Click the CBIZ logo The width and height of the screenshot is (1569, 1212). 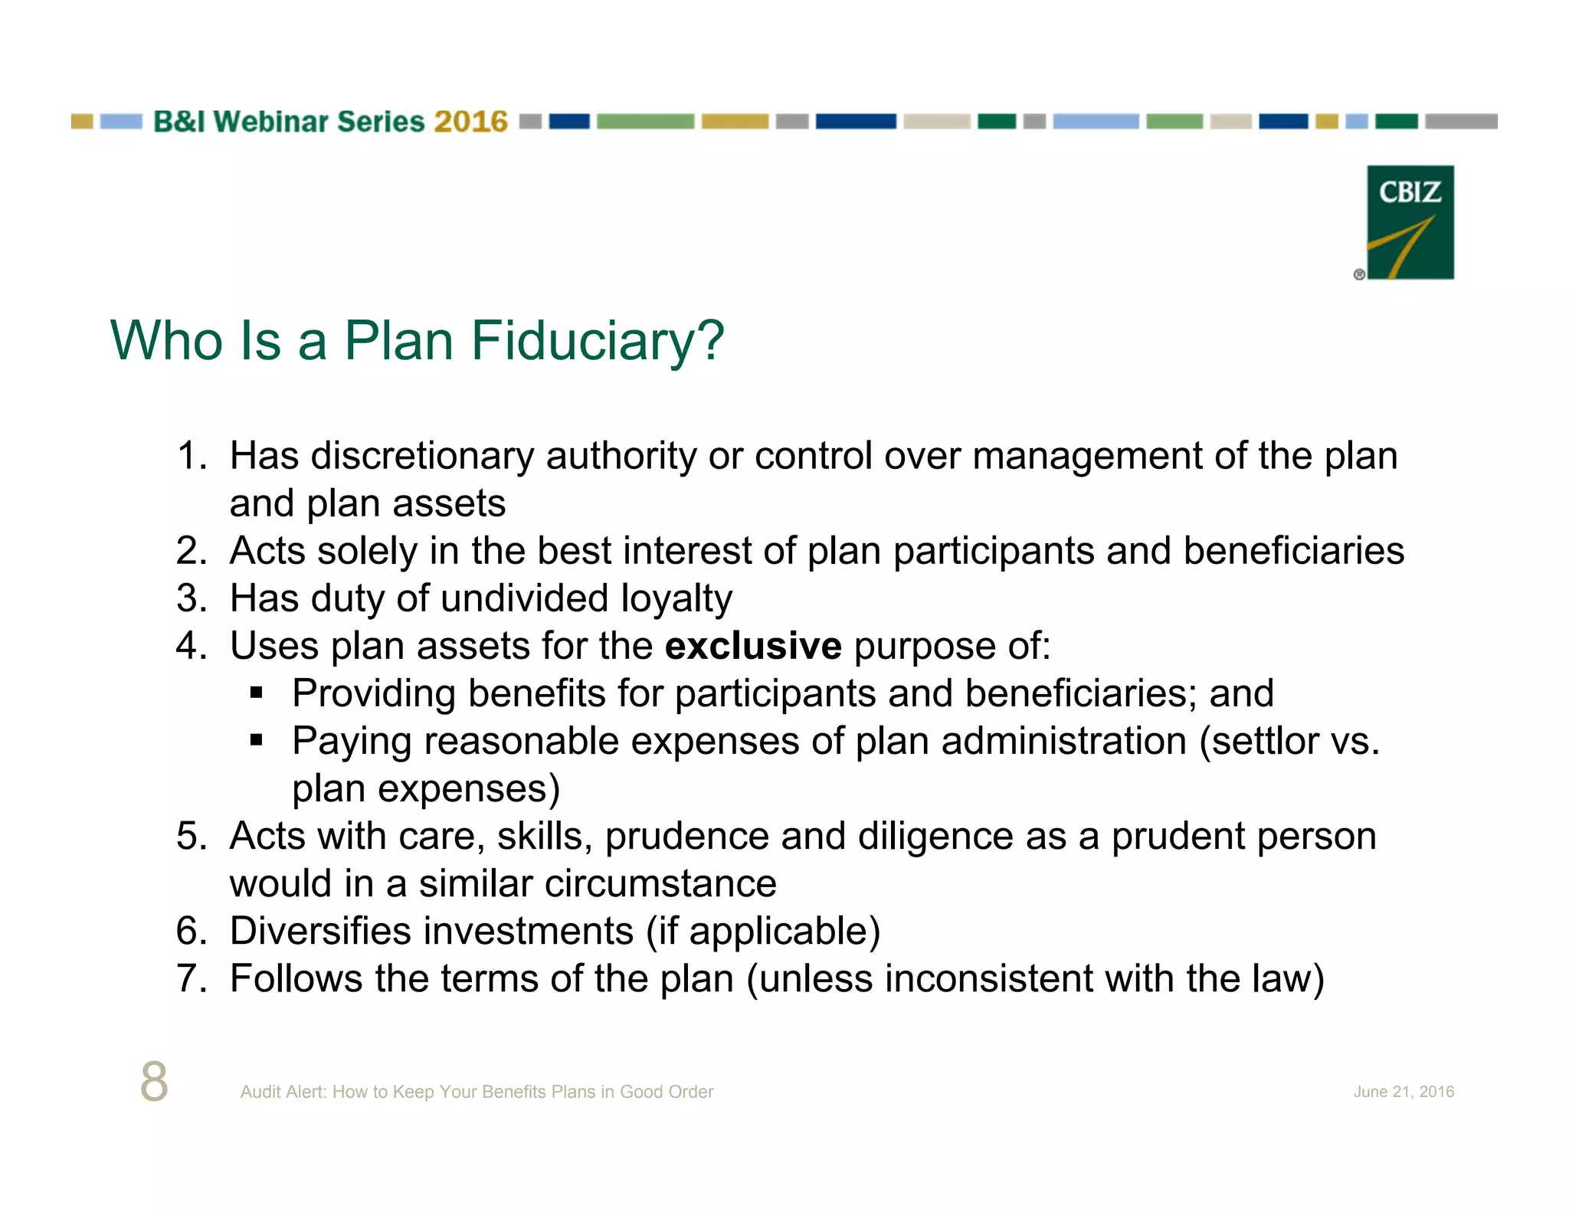point(1410,222)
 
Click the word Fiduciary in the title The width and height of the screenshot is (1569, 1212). point(597,341)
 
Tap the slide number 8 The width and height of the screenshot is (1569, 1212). point(154,1081)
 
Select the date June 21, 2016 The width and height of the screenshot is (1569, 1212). point(1403,1092)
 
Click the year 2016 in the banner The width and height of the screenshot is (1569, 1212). point(470,122)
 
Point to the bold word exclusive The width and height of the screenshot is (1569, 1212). point(753,646)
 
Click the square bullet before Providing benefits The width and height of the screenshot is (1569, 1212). point(257,693)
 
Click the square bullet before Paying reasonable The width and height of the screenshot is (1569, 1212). point(257,741)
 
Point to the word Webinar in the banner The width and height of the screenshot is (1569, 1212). point(270,122)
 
